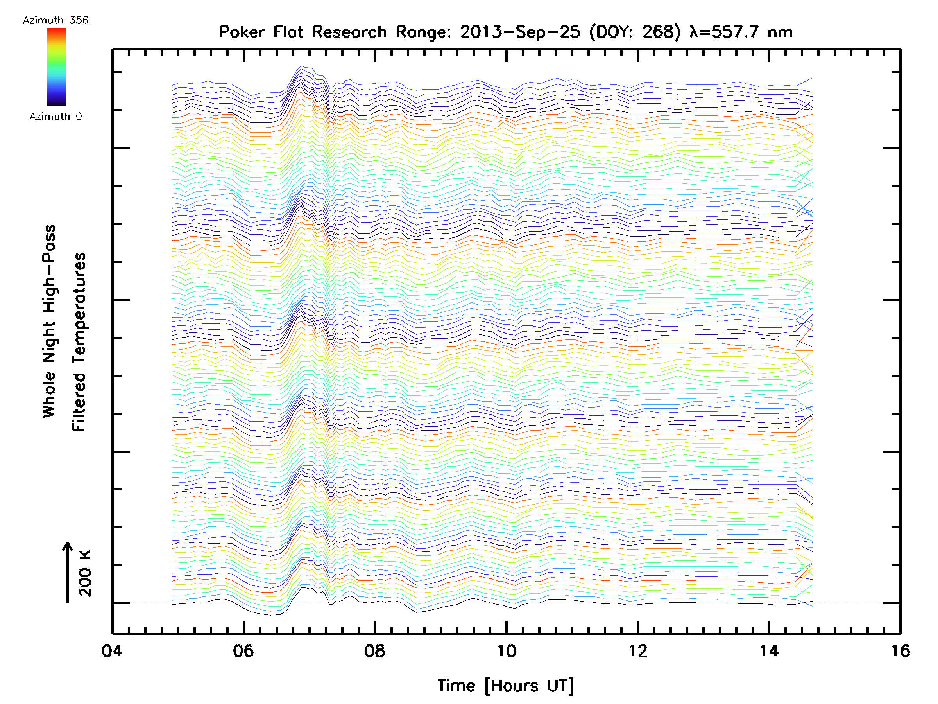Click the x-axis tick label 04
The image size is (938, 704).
click(x=111, y=651)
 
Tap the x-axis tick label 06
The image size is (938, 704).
click(x=243, y=651)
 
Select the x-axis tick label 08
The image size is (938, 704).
click(x=374, y=651)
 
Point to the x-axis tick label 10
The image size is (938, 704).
click(x=506, y=651)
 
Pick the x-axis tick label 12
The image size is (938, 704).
click(x=638, y=651)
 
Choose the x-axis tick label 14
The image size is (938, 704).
click(x=769, y=651)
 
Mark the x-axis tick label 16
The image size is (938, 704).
click(x=900, y=651)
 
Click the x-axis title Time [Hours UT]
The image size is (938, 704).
click(x=506, y=686)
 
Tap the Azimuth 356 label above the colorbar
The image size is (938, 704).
click(x=55, y=20)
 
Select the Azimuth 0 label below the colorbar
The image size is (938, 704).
click(x=55, y=116)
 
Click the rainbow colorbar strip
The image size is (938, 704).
click(x=56, y=66)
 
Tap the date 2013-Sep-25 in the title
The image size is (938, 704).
click(x=520, y=32)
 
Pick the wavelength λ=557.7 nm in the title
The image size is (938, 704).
click(x=741, y=32)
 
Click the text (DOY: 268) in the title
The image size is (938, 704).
click(x=635, y=32)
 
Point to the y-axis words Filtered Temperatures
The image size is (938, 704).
click(x=79, y=342)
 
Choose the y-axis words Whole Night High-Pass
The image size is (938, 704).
click(x=49, y=321)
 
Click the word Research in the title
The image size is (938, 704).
click(x=349, y=32)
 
